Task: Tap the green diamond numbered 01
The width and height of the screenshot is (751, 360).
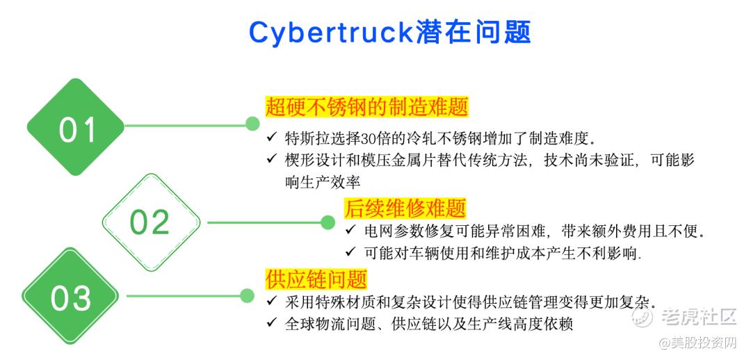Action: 76,129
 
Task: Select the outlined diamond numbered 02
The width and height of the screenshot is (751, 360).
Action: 150,222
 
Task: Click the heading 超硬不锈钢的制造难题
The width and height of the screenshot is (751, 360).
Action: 366,107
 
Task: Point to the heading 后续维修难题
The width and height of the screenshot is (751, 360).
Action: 405,208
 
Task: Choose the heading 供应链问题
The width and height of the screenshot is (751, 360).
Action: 316,279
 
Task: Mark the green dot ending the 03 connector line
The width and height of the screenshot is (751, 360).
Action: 246,295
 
